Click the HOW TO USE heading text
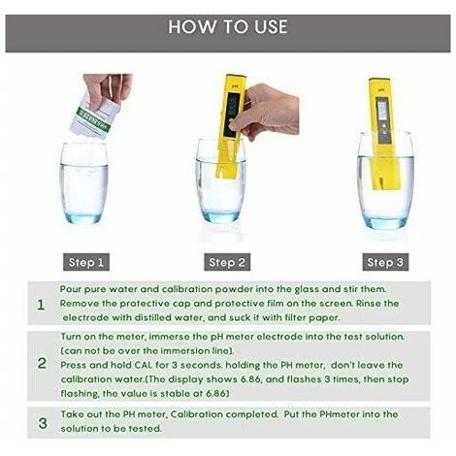coord(228,26)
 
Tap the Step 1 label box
coord(86,262)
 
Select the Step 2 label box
coord(227,262)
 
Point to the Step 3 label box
coord(385,262)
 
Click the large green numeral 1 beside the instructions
coord(41,305)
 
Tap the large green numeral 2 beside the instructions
coord(42,363)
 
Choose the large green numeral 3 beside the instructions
coord(43,423)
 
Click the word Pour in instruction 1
coord(71,289)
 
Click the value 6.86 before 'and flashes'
coord(250,379)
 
